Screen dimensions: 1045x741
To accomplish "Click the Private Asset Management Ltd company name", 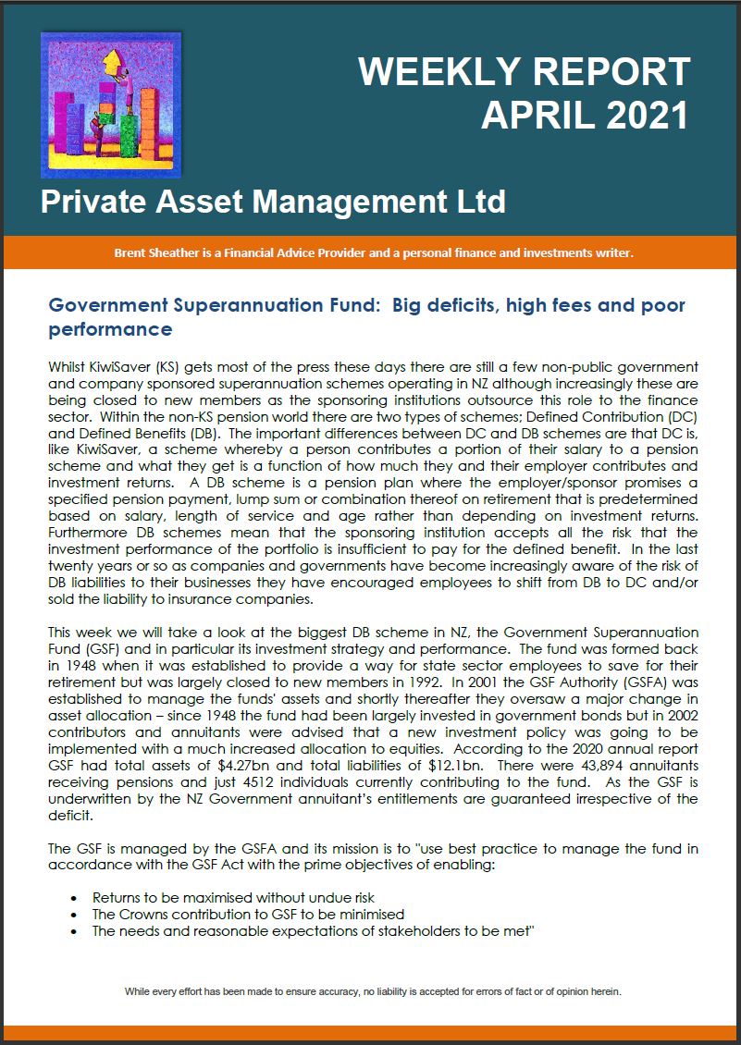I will [273, 201].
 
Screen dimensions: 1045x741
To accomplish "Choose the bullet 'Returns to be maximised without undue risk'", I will [233, 898].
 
